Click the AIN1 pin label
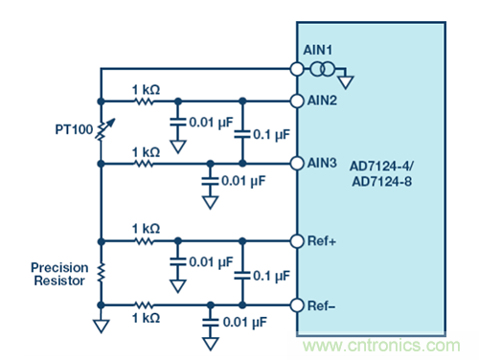click(x=317, y=50)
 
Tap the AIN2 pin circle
click(x=297, y=101)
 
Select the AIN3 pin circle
click(x=297, y=164)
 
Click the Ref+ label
click(x=321, y=241)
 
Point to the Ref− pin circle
click(x=297, y=305)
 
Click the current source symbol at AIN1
click(x=323, y=69)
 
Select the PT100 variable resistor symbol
click(x=104, y=130)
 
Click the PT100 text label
click(x=74, y=129)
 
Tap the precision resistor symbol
click(x=101, y=273)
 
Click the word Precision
click(x=59, y=267)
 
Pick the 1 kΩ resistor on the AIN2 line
click(x=145, y=101)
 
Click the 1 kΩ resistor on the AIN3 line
click(x=145, y=164)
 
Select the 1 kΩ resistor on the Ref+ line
click(x=145, y=241)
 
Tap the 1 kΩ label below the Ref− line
click(x=146, y=318)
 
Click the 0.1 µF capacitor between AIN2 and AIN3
click(x=242, y=134)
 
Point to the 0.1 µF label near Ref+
click(x=271, y=276)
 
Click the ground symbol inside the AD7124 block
click(x=346, y=82)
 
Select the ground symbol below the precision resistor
click(x=102, y=326)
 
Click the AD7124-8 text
click(x=381, y=182)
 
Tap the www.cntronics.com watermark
click(x=381, y=346)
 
